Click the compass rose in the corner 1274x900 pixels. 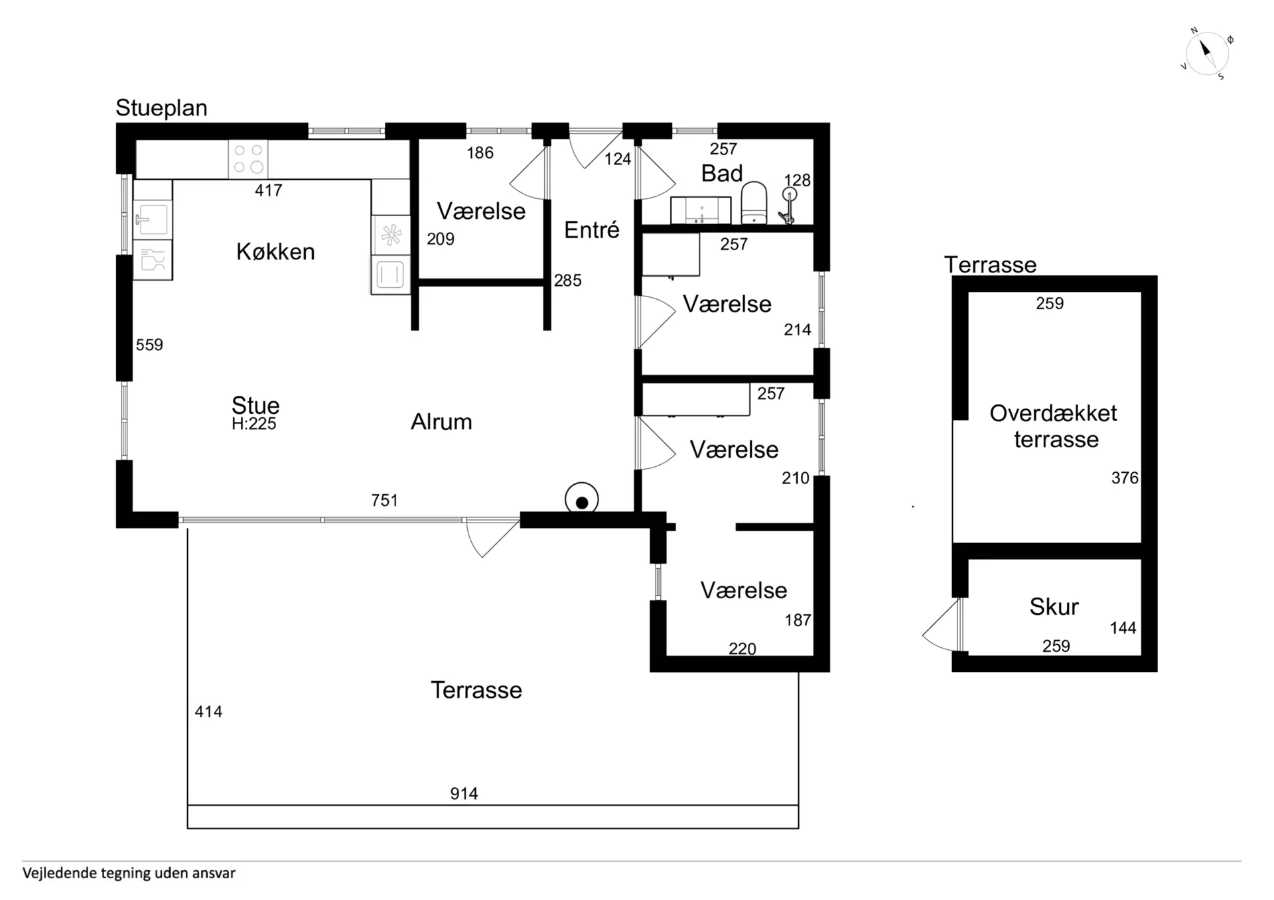[x=1207, y=53]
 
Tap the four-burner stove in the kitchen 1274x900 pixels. [x=248, y=159]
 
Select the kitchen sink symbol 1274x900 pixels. [x=153, y=220]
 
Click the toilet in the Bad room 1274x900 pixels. [x=754, y=203]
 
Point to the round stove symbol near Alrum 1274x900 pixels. [x=582, y=499]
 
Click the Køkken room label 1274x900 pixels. [x=275, y=252]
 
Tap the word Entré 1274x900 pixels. [x=592, y=230]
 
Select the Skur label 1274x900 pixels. [x=1054, y=607]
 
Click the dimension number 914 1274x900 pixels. [x=464, y=793]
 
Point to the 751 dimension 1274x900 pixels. [x=385, y=500]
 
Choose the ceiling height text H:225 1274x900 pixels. [x=254, y=424]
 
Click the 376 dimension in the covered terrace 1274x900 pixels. [x=1125, y=478]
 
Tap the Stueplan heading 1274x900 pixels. [x=161, y=107]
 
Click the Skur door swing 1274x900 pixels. [x=941, y=624]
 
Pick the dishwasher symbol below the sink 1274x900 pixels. [x=153, y=259]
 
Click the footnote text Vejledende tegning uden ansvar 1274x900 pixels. [x=129, y=873]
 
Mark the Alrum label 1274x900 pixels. [x=441, y=422]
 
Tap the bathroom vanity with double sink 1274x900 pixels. [x=701, y=210]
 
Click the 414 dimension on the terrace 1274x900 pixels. [x=208, y=712]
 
